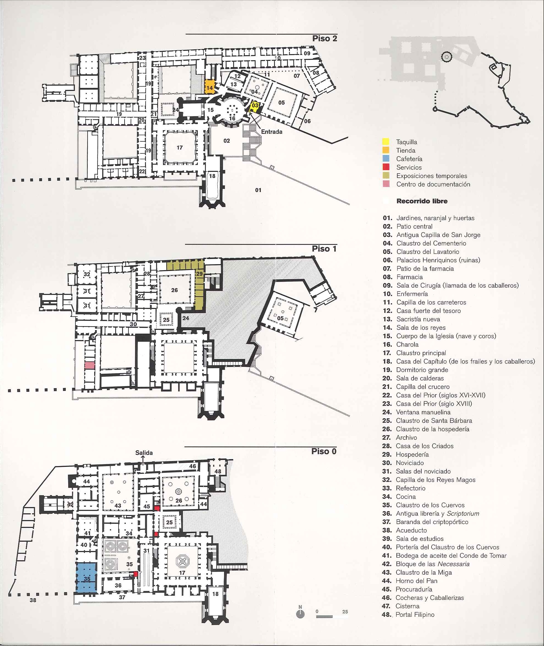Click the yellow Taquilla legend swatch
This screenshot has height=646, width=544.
pyautogui.click(x=385, y=142)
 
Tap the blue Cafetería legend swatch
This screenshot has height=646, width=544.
pyautogui.click(x=385, y=159)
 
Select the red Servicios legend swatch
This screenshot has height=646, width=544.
pyautogui.click(x=385, y=167)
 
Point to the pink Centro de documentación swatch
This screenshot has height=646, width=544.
pyautogui.click(x=385, y=184)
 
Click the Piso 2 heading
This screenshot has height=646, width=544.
pyautogui.click(x=325, y=39)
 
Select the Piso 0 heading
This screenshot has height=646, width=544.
pyautogui.click(x=324, y=451)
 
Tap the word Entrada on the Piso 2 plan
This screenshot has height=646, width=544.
pyautogui.click(x=272, y=132)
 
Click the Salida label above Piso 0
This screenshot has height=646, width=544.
pyautogui.click(x=144, y=453)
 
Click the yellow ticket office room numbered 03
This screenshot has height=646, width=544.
pyautogui.click(x=255, y=107)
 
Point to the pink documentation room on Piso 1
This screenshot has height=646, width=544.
pyautogui.click(x=90, y=365)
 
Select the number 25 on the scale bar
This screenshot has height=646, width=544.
pyautogui.click(x=345, y=612)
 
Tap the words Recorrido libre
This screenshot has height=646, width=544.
pyautogui.click(x=422, y=201)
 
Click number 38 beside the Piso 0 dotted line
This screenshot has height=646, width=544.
pyautogui.click(x=33, y=600)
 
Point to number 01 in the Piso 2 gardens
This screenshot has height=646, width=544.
pyautogui.click(x=258, y=190)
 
